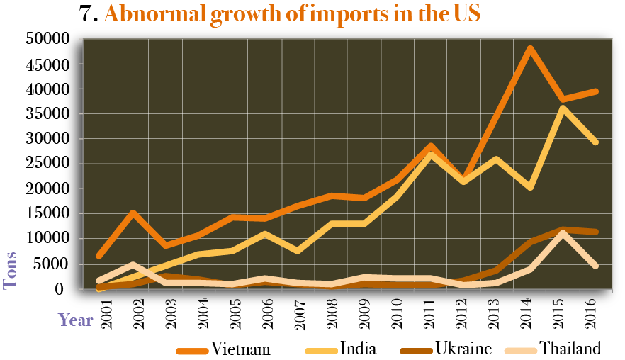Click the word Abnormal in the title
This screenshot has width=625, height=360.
(145, 14)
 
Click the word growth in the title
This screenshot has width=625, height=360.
(232, 14)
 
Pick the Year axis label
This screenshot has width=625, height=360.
(75, 320)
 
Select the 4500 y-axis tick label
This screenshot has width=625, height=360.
(50, 64)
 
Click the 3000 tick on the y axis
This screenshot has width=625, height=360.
(50, 139)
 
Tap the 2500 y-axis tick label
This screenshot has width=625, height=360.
(50, 164)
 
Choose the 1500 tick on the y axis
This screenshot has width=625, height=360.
(50, 213)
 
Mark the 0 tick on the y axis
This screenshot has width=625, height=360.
(61, 288)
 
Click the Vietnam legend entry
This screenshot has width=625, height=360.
(241, 349)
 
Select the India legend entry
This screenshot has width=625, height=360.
(358, 349)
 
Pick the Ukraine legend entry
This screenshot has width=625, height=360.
(463, 349)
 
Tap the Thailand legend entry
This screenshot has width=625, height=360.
(570, 349)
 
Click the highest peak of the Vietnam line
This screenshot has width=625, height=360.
(529, 48)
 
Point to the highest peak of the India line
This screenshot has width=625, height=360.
(562, 108)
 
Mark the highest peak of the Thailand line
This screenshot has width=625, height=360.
(562, 234)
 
